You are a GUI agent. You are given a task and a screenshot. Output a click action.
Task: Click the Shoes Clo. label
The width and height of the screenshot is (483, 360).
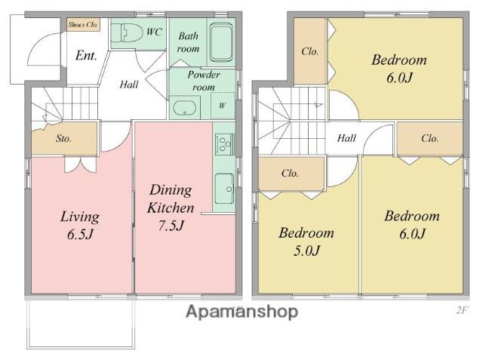pos(83,25)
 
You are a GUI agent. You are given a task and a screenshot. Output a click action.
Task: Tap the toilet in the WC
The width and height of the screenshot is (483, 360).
pos(127,33)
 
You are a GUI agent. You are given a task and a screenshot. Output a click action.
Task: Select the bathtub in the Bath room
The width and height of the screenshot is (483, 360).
pos(221,42)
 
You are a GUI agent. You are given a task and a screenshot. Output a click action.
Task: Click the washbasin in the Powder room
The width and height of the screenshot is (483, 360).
pos(184,107)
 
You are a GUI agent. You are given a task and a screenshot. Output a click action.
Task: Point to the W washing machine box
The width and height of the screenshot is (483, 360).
pos(223,106)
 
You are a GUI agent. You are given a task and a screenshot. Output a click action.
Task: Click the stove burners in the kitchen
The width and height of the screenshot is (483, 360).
pos(225,144)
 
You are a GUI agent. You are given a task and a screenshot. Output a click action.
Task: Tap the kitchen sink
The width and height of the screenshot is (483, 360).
pos(224,189)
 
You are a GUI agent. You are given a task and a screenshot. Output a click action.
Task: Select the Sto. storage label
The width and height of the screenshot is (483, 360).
pos(63,139)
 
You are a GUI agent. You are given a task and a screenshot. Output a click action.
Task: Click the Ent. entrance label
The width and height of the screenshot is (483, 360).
pos(86,55)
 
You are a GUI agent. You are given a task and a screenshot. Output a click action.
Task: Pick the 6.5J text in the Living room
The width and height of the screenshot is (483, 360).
pos(80,235)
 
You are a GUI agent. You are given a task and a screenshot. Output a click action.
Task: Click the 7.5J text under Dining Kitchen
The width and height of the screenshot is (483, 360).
pos(171,226)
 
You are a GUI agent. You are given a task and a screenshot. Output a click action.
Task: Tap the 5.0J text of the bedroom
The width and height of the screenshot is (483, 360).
pos(307,251)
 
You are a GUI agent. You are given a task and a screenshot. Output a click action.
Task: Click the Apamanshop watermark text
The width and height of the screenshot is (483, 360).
pos(241,312)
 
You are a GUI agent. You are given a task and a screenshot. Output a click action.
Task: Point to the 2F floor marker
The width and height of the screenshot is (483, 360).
pos(462,310)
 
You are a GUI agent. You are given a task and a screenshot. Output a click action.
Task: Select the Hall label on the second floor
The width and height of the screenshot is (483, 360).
pos(346,138)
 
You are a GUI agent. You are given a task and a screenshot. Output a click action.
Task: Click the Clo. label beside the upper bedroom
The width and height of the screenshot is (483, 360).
pos(310,51)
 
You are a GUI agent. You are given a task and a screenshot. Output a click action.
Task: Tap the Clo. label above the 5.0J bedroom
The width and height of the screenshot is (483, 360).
pos(290,174)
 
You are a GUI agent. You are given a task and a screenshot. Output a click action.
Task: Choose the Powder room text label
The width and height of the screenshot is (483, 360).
pos(204,81)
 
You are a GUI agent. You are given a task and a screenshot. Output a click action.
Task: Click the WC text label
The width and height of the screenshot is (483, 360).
pos(154,32)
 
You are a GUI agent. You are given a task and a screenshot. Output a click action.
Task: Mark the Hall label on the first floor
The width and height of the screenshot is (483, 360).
pos(129,85)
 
